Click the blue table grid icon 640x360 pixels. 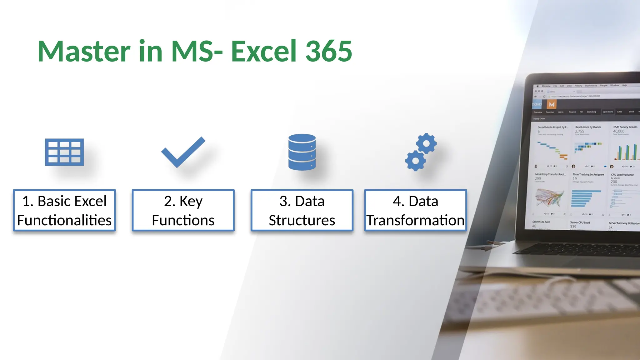pyautogui.click(x=64, y=152)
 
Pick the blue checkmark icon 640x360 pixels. pyautogui.click(x=183, y=152)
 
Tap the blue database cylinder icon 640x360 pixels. pyautogui.click(x=302, y=152)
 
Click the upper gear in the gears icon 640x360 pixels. pyautogui.click(x=426, y=143)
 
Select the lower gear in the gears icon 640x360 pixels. pyautogui.click(x=415, y=161)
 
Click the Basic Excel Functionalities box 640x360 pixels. pyautogui.click(x=64, y=210)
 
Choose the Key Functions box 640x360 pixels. pyautogui.click(x=183, y=210)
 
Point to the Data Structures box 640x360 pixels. pyautogui.click(x=302, y=210)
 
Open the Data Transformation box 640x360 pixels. pyautogui.click(x=415, y=210)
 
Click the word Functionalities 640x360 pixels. pyautogui.click(x=64, y=220)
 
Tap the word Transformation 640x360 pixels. pyautogui.click(x=415, y=220)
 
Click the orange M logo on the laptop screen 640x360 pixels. pyautogui.click(x=552, y=104)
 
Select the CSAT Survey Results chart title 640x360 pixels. pyautogui.click(x=625, y=127)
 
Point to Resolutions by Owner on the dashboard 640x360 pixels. pyautogui.click(x=588, y=127)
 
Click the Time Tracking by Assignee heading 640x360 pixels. pyautogui.click(x=588, y=175)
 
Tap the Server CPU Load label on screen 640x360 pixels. pyautogui.click(x=580, y=222)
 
